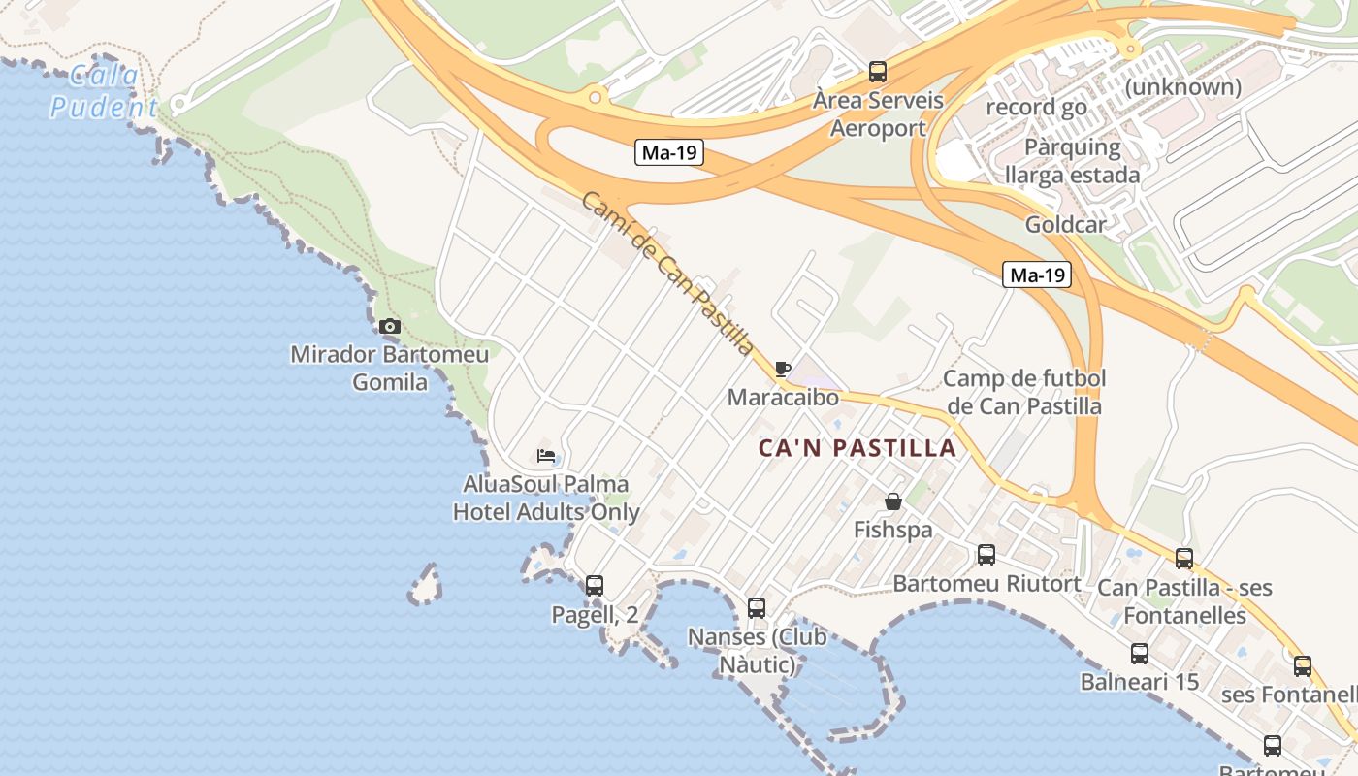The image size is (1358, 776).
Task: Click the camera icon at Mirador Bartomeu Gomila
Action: click(390, 326)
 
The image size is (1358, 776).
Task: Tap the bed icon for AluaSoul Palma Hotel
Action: click(546, 455)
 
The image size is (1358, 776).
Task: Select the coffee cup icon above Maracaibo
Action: click(783, 369)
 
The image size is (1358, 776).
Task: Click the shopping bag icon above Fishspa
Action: click(893, 501)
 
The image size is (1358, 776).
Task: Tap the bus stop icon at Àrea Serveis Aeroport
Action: click(878, 71)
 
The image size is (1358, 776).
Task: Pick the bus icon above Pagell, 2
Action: click(595, 585)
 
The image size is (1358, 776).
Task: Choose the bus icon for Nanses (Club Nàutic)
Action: click(757, 608)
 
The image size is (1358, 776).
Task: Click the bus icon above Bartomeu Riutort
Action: click(986, 555)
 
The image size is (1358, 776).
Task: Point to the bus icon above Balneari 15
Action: click(1140, 654)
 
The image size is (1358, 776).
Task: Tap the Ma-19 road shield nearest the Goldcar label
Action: click(1037, 275)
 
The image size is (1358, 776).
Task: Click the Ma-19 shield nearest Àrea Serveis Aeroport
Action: click(669, 152)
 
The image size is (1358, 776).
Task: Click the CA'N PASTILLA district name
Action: click(857, 449)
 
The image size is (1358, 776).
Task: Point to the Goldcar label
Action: click(1066, 225)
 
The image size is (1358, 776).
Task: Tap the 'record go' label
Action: click(1036, 107)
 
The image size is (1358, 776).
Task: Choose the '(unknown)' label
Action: click(1183, 87)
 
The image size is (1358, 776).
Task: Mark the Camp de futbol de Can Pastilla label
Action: click(1024, 392)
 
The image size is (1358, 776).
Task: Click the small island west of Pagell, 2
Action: click(424, 585)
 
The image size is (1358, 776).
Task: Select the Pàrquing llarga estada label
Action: click(1072, 161)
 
